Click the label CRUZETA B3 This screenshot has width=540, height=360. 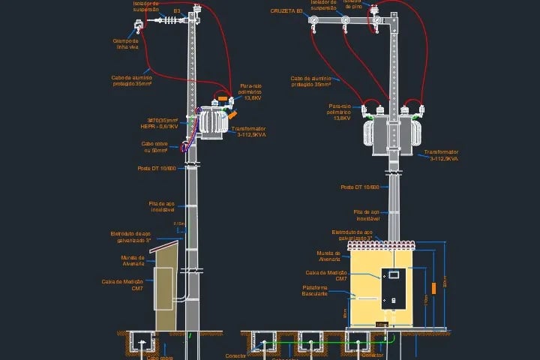click(287, 11)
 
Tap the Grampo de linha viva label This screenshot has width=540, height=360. click(127, 45)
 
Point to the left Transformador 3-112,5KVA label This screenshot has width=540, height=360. click(251, 132)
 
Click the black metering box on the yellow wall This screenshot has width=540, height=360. click(394, 288)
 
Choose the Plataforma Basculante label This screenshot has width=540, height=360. click(315, 290)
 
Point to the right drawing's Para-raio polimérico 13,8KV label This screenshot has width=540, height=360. click(339, 112)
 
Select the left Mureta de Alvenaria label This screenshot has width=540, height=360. click(133, 260)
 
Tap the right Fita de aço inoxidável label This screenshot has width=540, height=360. click(367, 215)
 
